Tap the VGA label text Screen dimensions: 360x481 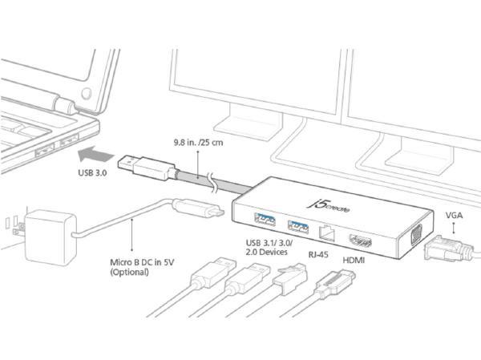point(451,215)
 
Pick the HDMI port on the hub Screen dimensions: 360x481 point(358,237)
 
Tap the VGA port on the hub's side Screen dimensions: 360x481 point(416,237)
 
